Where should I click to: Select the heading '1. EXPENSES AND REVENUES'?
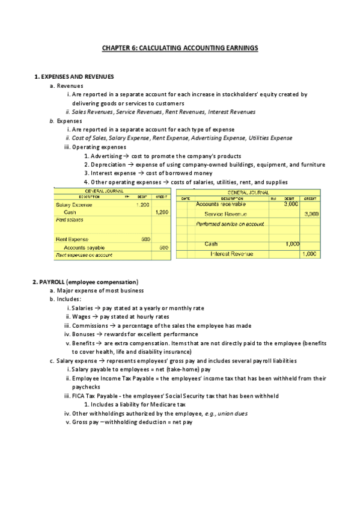pos(75,77)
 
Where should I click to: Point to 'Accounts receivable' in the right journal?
pos(221,204)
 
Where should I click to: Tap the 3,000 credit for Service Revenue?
pos(311,214)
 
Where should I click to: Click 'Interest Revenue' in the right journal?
pos(231,254)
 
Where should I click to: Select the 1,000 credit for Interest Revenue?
pos(310,254)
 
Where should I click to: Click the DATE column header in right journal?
pos(186,198)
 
